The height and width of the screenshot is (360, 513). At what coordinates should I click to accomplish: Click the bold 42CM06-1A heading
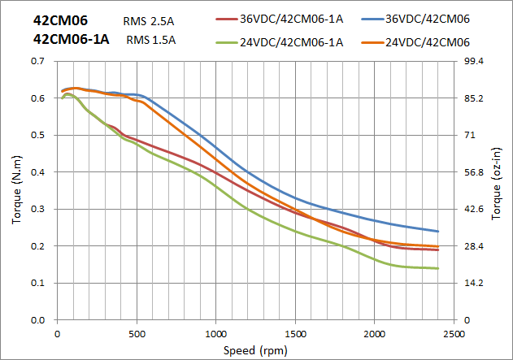click(x=72, y=39)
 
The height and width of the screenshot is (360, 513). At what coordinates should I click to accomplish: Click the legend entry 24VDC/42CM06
click(x=428, y=43)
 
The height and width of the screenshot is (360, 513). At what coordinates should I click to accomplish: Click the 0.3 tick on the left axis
click(x=37, y=210)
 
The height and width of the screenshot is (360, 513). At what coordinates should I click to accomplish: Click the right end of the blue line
click(x=438, y=232)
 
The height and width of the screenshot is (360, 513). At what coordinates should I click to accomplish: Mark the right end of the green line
click(x=438, y=268)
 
